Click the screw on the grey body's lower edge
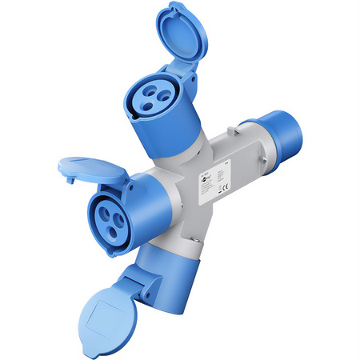[193, 241]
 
